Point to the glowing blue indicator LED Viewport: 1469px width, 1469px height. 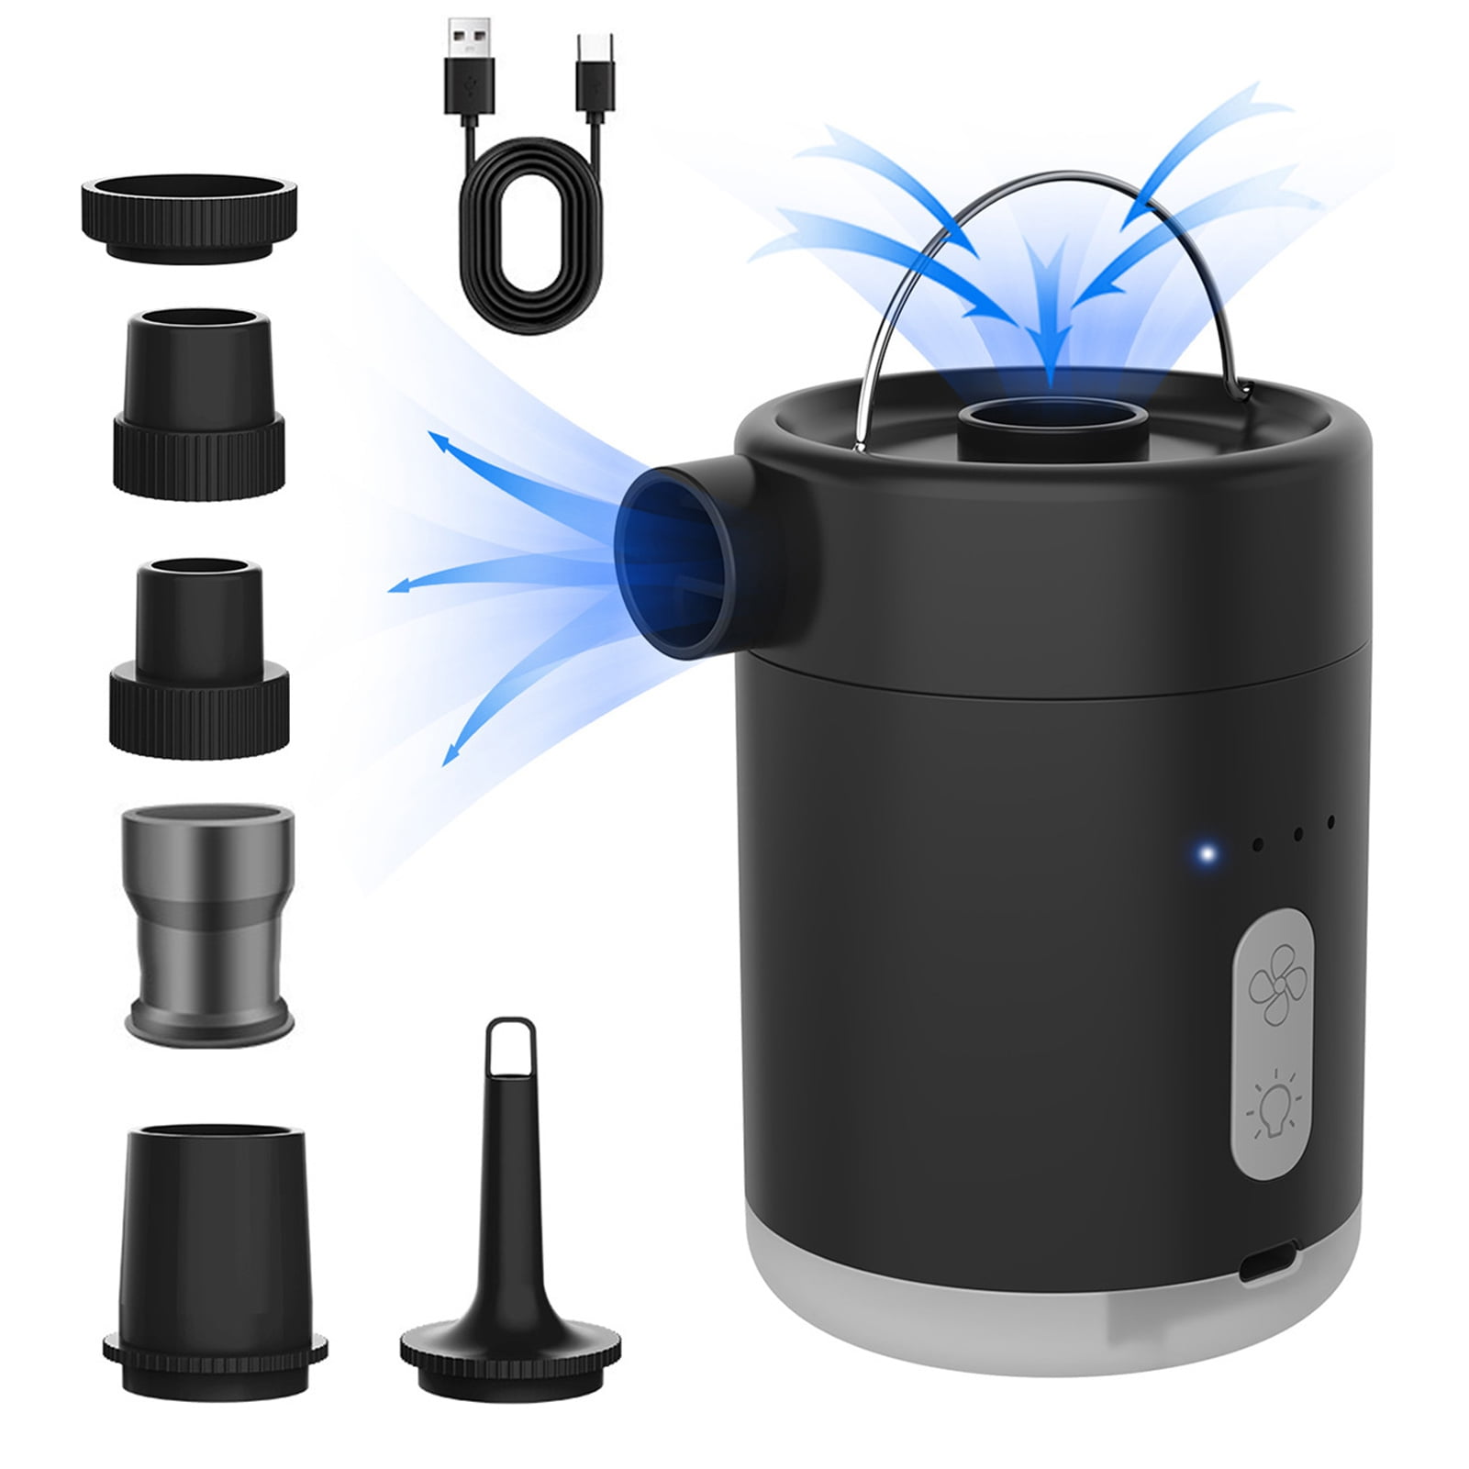point(1208,855)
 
